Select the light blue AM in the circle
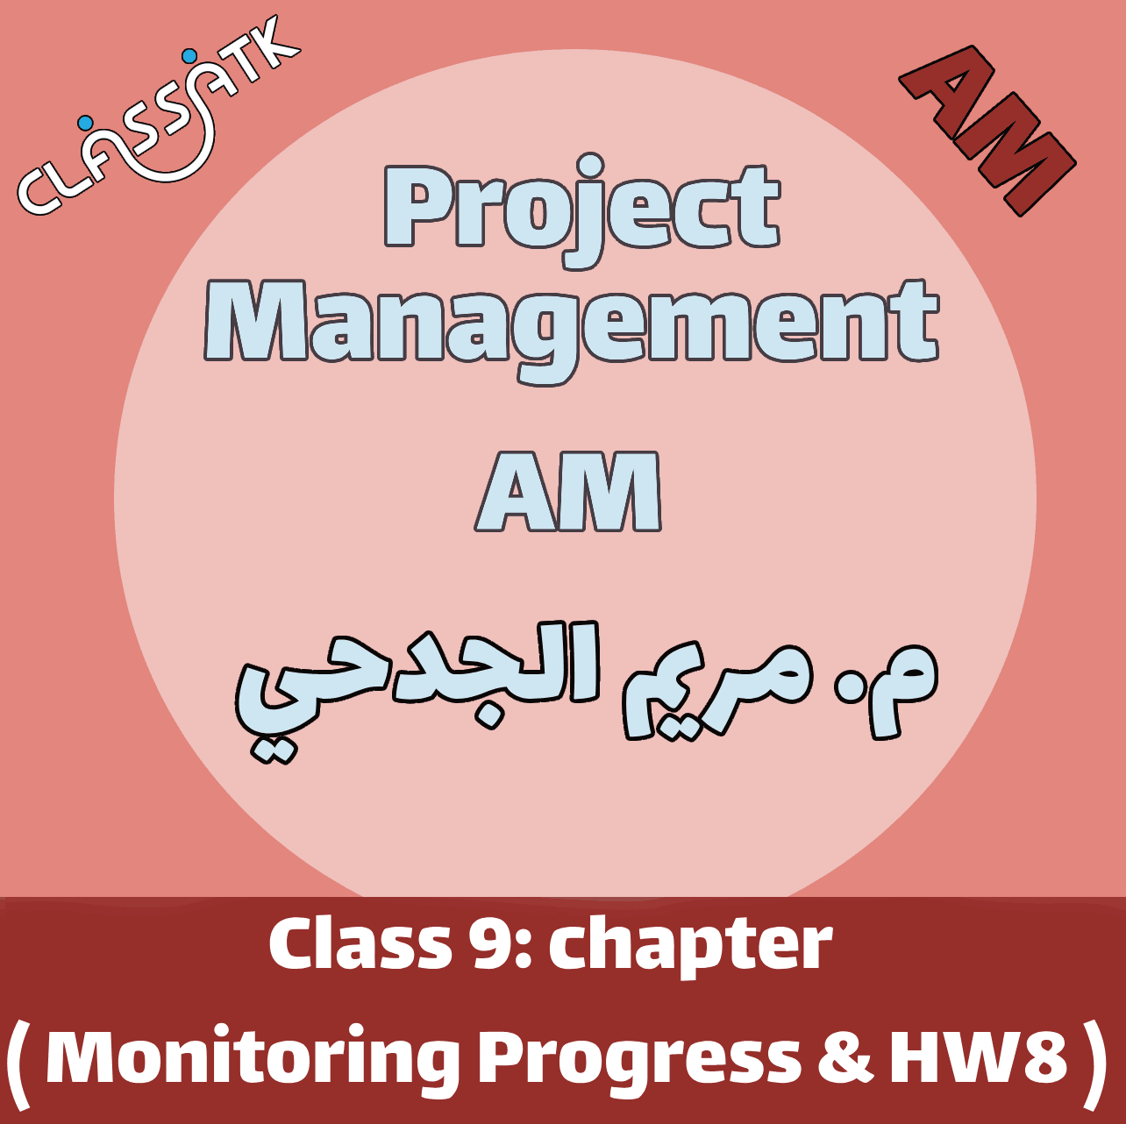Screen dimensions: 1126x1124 point(567,491)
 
